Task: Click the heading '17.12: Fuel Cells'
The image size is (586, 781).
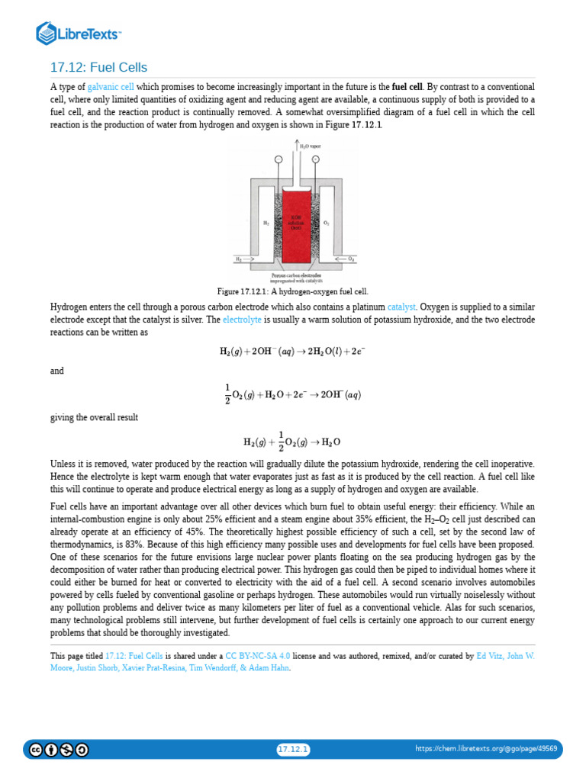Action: coord(98,68)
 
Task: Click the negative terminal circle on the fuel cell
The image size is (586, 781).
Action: coord(278,159)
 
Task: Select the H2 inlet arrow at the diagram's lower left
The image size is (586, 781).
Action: coord(246,259)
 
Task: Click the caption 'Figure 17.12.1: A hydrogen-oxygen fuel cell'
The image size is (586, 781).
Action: coord(293,291)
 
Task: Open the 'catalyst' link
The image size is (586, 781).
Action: coord(401,307)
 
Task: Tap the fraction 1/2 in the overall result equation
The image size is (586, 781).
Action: coord(281,442)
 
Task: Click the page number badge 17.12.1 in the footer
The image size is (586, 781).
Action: coord(293,750)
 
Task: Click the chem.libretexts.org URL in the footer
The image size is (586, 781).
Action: coord(486,750)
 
